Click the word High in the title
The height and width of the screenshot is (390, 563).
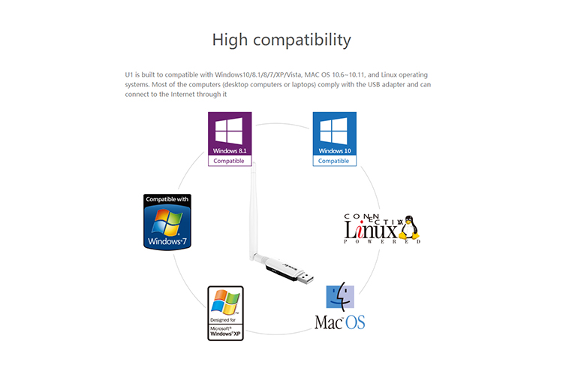[230, 40]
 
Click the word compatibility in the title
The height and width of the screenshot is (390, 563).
[302, 41]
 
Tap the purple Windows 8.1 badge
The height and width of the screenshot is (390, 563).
[230, 139]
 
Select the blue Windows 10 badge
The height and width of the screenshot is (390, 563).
[335, 139]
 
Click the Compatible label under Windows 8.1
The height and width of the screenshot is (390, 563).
[229, 161]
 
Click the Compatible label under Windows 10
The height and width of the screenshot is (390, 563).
[333, 161]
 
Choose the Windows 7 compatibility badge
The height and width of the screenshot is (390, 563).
[167, 222]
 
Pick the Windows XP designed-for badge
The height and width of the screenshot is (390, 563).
[225, 313]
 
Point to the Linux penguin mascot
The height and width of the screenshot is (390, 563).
[409, 228]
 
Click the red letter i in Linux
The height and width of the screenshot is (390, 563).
[360, 230]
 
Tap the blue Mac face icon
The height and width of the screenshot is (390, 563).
[340, 297]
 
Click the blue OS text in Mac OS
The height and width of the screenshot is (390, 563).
[355, 322]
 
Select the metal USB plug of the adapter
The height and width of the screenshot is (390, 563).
[306, 278]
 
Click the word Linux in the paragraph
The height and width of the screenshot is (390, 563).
[389, 74]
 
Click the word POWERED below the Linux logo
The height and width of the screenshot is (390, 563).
[382, 241]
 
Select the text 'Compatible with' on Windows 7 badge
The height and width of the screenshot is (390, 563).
[167, 199]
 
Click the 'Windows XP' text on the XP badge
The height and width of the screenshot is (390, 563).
[225, 334]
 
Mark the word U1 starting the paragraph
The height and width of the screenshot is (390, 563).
[129, 74]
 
